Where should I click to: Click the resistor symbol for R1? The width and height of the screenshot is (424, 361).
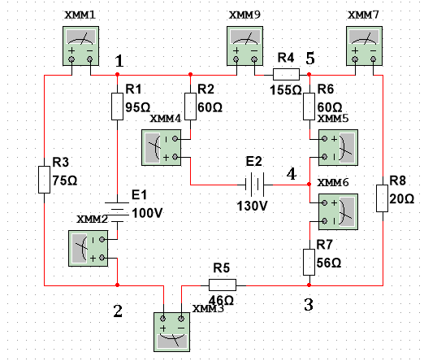(117, 107)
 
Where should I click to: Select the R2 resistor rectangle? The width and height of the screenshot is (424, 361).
(190, 107)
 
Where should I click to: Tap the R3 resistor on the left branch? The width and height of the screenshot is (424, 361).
(44, 180)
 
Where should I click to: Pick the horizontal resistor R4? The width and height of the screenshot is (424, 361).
(286, 74)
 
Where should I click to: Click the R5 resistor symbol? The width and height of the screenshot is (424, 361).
(223, 285)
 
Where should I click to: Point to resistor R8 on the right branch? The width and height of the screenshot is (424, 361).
(382, 198)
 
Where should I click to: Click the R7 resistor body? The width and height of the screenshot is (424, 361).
(309, 262)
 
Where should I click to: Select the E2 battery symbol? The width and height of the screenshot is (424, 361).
(254, 185)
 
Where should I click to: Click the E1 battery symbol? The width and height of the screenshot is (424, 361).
(117, 212)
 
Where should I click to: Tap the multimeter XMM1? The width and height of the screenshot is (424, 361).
(80, 46)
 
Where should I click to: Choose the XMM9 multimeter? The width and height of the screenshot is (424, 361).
(244, 46)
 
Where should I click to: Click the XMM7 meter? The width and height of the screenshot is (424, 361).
(364, 46)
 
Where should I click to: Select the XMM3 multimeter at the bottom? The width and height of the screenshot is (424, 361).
(171, 332)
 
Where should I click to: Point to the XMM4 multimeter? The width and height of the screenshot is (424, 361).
(161, 148)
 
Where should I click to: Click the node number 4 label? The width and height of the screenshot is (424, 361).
(292, 174)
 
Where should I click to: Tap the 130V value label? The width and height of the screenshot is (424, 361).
(253, 206)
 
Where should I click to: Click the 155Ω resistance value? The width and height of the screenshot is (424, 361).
(286, 90)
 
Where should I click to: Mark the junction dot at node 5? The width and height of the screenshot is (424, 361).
(309, 74)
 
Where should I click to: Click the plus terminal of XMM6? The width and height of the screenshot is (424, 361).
(325, 202)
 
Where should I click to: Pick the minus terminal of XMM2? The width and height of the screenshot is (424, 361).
(102, 240)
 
